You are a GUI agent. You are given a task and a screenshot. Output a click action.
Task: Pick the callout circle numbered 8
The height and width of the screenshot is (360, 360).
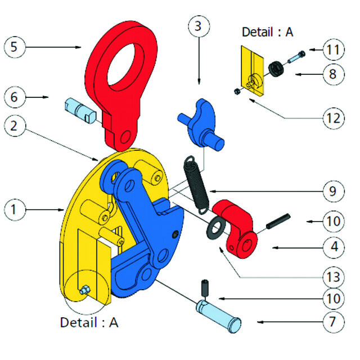[x=334, y=74]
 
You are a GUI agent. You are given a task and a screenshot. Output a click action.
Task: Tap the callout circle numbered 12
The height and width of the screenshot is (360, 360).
[x=334, y=118]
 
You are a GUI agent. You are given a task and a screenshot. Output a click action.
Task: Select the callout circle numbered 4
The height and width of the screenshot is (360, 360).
[x=334, y=246]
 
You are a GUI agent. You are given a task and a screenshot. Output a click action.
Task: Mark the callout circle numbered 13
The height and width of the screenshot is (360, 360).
[x=334, y=277]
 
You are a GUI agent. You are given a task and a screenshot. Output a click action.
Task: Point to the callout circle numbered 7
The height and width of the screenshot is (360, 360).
[x=334, y=322]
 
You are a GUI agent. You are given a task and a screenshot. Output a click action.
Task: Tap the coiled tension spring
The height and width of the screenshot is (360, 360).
[x=197, y=183]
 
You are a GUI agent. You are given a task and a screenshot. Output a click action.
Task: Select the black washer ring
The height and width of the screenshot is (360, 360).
[x=215, y=228]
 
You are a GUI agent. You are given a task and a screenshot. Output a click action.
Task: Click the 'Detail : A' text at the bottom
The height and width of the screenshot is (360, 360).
[x=89, y=323]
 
